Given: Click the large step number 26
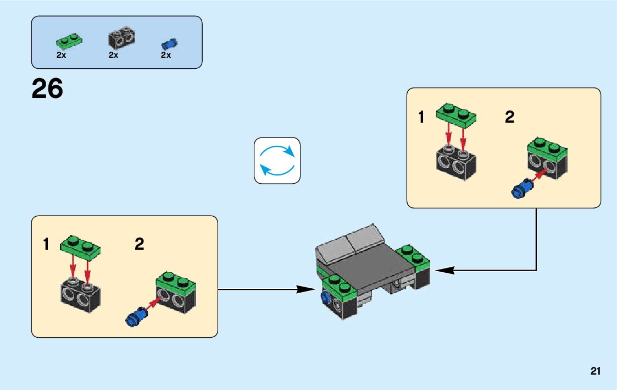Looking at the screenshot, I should (47, 89).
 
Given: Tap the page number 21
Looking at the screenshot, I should (596, 371).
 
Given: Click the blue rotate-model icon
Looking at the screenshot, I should (277, 160).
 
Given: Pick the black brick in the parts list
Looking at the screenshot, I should (121, 38).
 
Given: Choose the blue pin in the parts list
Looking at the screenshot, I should (169, 44).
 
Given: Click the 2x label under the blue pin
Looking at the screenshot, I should (166, 56).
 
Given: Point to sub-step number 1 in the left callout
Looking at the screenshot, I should (47, 244).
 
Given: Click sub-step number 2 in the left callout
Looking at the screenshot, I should (140, 244).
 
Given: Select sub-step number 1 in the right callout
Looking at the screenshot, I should (421, 117).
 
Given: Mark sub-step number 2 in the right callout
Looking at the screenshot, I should (510, 117).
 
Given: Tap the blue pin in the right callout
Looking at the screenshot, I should (520, 189).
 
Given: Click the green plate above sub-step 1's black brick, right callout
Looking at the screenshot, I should (456, 114).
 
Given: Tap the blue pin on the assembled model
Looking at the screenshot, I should (325, 299).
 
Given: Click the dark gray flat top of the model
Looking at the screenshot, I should (374, 267).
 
